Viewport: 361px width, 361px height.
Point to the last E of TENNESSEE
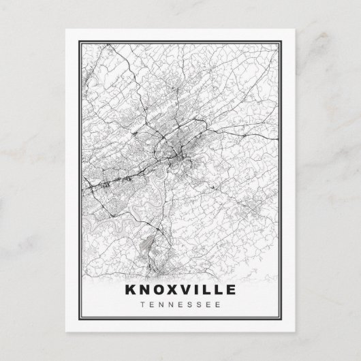(219, 304)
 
